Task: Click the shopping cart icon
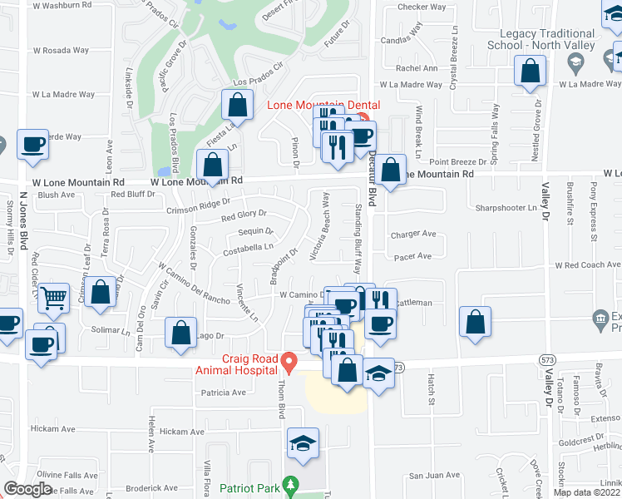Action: (x=54, y=297)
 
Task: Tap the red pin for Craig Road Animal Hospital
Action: (x=289, y=363)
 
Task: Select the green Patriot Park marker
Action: (x=289, y=483)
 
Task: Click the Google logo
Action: (x=28, y=489)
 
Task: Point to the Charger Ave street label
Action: (x=413, y=235)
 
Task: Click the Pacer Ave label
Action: (x=413, y=256)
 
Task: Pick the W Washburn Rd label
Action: (x=62, y=5)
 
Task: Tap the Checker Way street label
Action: (x=417, y=7)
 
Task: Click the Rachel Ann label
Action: (x=417, y=68)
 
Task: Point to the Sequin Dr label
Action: (x=255, y=231)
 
